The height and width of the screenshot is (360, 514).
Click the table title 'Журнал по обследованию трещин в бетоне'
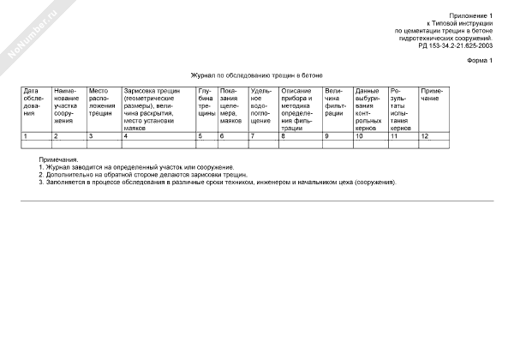(x=257, y=75)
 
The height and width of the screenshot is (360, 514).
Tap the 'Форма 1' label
(x=481, y=62)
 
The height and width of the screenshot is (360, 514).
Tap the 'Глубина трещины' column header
(x=206, y=101)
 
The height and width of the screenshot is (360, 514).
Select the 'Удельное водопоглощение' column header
(x=262, y=105)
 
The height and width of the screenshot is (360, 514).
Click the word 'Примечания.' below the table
(x=58, y=159)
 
